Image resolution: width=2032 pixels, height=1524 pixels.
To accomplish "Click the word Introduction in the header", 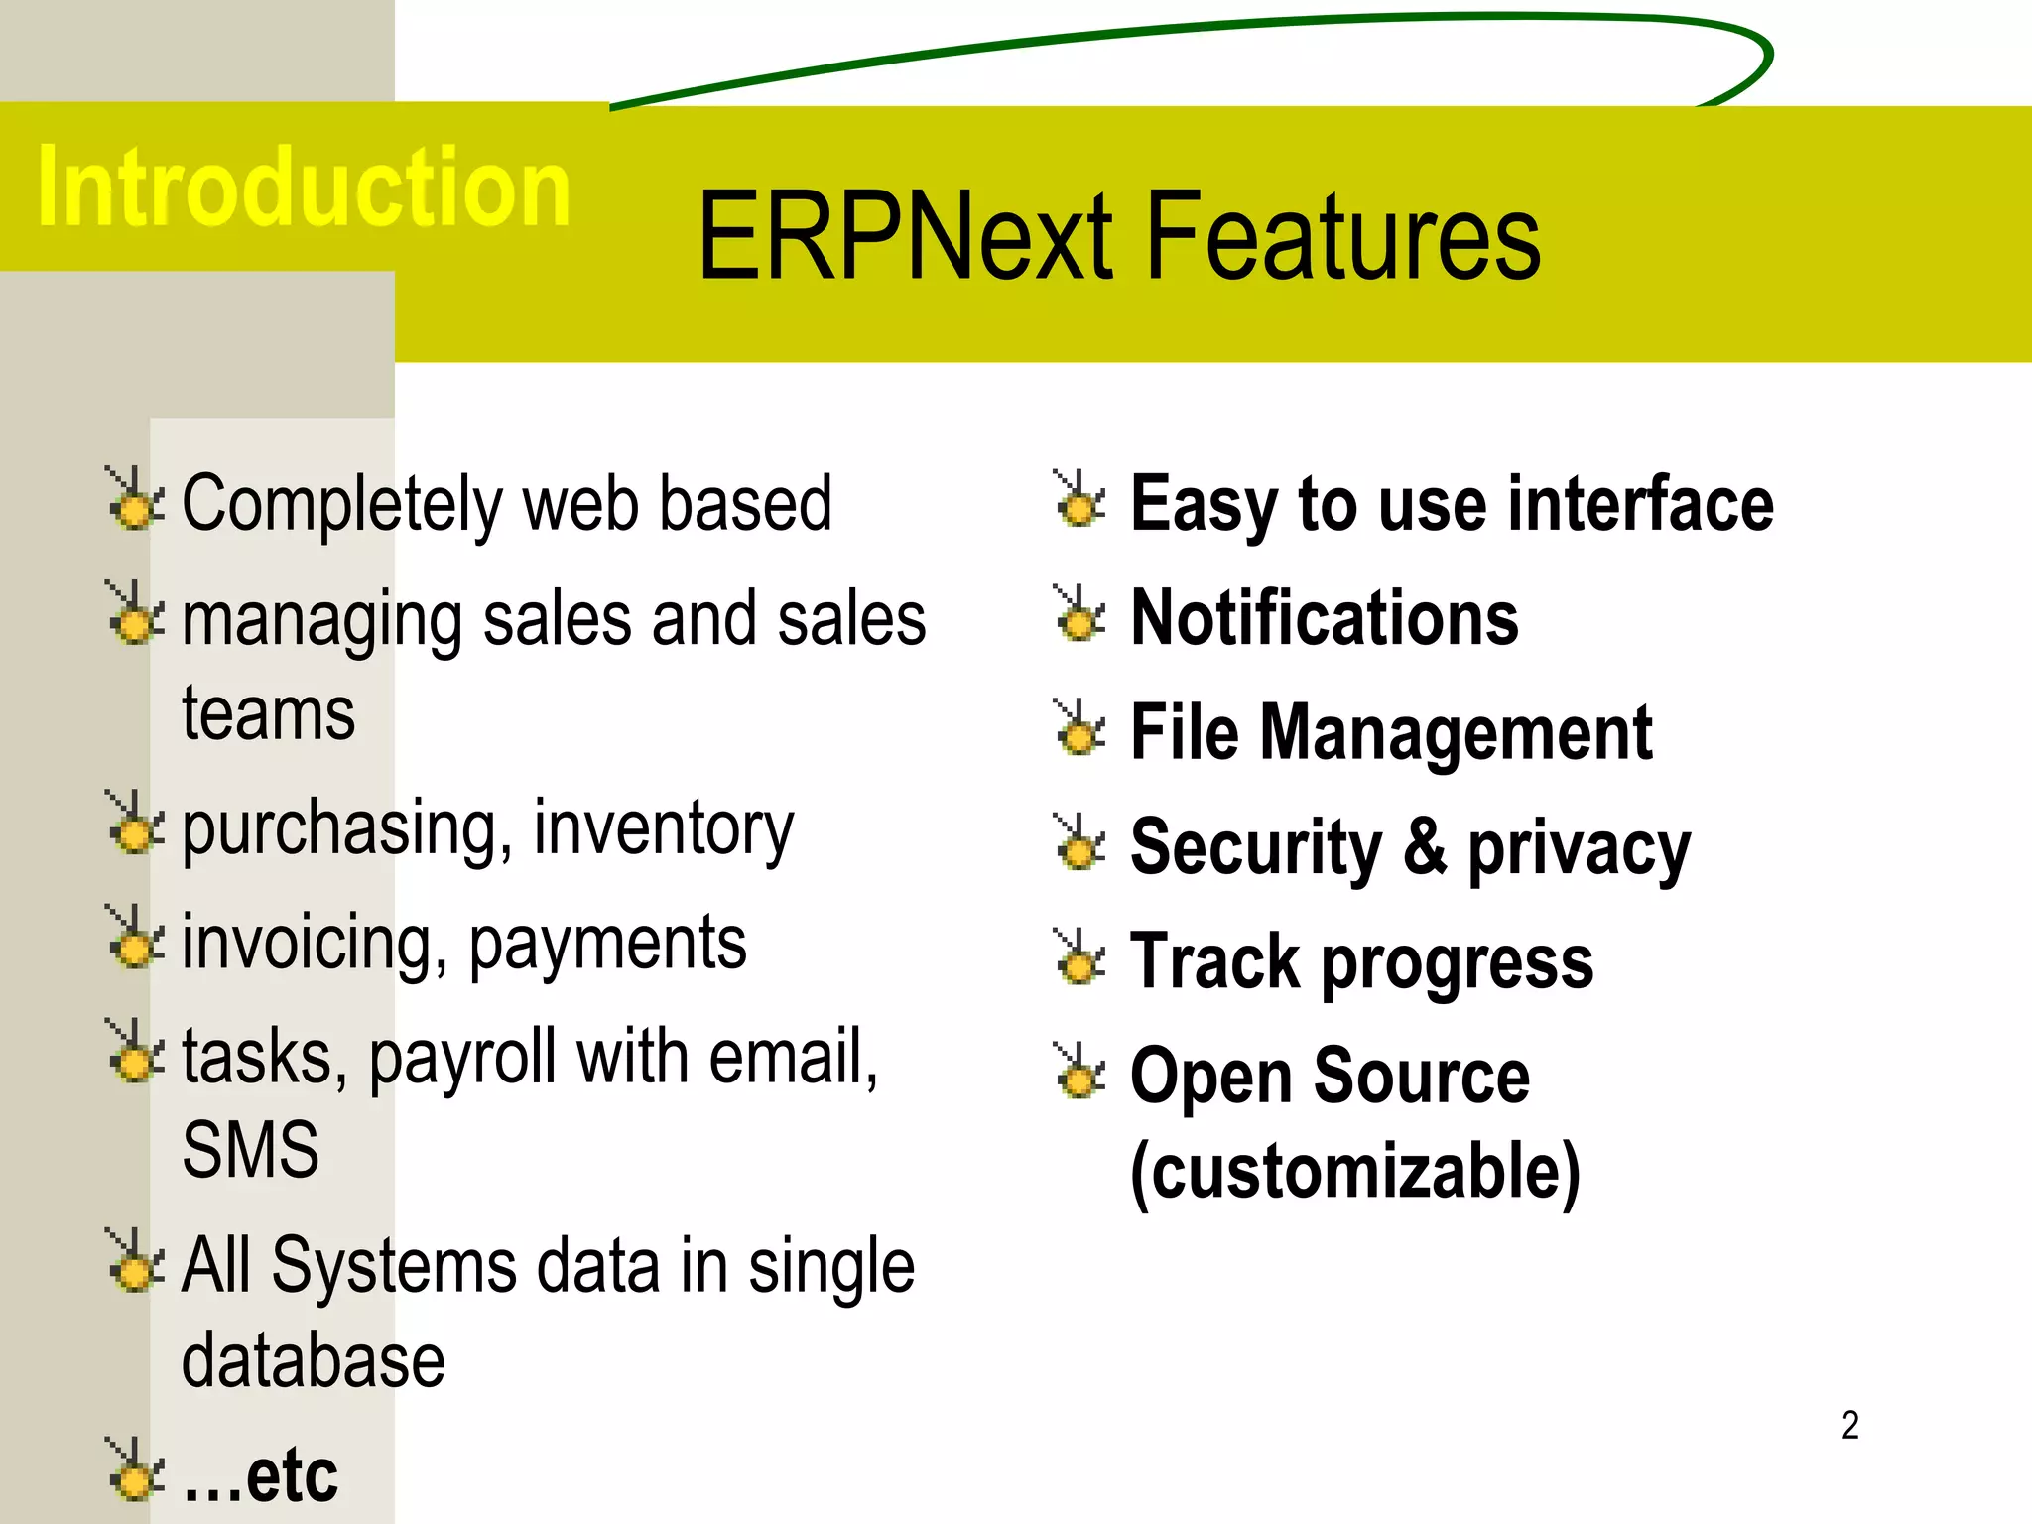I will click(x=303, y=187).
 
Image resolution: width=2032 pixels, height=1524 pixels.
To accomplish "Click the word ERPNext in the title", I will click(x=904, y=238).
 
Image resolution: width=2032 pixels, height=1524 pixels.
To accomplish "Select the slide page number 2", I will click(x=1849, y=1425).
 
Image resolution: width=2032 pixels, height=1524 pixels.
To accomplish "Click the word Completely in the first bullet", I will click(x=341, y=506).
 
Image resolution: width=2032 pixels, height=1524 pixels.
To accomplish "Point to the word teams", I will click(x=268, y=714).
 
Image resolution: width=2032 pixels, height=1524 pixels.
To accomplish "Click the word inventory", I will click(x=663, y=829).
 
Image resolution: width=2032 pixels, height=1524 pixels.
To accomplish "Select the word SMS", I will click(x=250, y=1151).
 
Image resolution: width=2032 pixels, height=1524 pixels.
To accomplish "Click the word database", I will click(x=313, y=1361).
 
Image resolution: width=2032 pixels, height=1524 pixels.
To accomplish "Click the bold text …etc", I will click(x=260, y=1476).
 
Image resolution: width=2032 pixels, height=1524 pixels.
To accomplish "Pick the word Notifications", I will click(x=1324, y=619).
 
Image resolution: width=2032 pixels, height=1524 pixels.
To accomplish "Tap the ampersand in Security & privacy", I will click(x=1424, y=847).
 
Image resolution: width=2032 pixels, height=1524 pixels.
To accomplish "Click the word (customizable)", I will click(x=1354, y=1173).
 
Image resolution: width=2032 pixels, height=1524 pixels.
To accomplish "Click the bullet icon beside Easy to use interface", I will click(x=1079, y=500).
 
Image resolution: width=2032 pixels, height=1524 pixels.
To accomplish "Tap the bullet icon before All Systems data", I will click(x=133, y=1262).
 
